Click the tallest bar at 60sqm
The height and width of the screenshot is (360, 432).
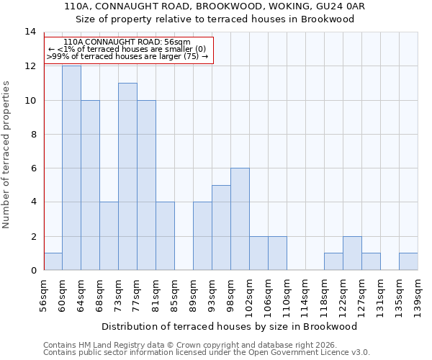click(71, 168)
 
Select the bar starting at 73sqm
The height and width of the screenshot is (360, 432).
click(127, 176)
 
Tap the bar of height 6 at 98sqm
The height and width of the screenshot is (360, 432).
click(240, 219)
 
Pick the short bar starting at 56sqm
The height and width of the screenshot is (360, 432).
click(53, 261)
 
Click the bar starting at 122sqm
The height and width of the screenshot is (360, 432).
click(352, 253)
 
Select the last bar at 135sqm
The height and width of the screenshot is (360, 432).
click(408, 261)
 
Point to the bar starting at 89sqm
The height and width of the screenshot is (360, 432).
click(202, 236)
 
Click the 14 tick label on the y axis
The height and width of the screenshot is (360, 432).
click(30, 32)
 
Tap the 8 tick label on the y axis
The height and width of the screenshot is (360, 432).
click(32, 134)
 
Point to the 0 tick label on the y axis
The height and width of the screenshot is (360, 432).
click(32, 270)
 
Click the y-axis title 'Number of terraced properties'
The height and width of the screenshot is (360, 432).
click(6, 154)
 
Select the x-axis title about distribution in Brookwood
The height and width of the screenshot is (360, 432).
click(230, 326)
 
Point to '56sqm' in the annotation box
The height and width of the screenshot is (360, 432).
click(176, 42)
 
